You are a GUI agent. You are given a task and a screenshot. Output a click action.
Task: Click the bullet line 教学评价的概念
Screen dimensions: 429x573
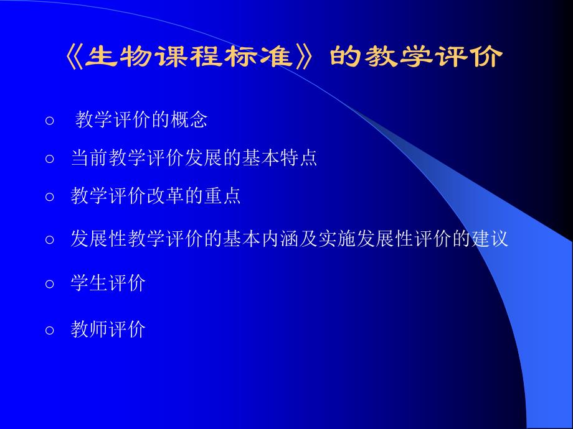(x=141, y=119)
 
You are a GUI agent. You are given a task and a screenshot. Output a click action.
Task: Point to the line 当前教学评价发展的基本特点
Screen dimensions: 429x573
(x=194, y=158)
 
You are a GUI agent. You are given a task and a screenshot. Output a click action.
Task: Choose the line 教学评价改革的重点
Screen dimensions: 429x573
(x=156, y=196)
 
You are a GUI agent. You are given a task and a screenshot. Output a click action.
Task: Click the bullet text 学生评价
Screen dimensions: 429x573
(x=108, y=284)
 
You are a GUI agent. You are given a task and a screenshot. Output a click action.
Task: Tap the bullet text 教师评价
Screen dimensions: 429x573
(x=108, y=329)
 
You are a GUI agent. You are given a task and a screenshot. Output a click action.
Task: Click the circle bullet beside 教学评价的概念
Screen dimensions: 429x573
(x=50, y=121)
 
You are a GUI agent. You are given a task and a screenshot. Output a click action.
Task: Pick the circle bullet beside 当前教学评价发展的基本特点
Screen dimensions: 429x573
(x=50, y=159)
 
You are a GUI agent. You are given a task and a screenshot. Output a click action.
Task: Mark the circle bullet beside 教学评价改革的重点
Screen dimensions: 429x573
(x=50, y=198)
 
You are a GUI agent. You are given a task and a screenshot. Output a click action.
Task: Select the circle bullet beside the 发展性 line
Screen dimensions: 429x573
(x=50, y=241)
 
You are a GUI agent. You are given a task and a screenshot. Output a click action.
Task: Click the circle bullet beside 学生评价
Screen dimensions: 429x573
(x=50, y=285)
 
